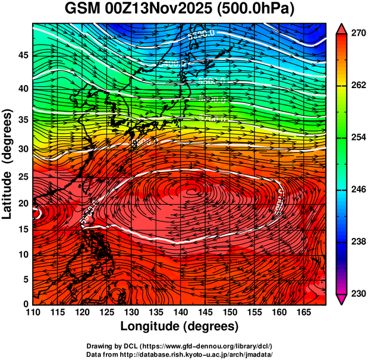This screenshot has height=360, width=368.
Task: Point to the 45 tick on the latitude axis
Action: (x=22, y=56)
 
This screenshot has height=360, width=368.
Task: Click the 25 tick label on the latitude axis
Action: (x=22, y=176)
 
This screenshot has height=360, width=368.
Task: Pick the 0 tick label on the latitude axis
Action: (x=25, y=305)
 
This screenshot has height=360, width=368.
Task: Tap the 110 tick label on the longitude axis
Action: (x=33, y=312)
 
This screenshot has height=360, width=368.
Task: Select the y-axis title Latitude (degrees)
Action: (x=8, y=164)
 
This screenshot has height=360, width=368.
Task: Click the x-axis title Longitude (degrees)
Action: (x=180, y=326)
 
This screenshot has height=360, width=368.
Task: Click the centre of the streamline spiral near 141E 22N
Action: (x=191, y=190)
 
